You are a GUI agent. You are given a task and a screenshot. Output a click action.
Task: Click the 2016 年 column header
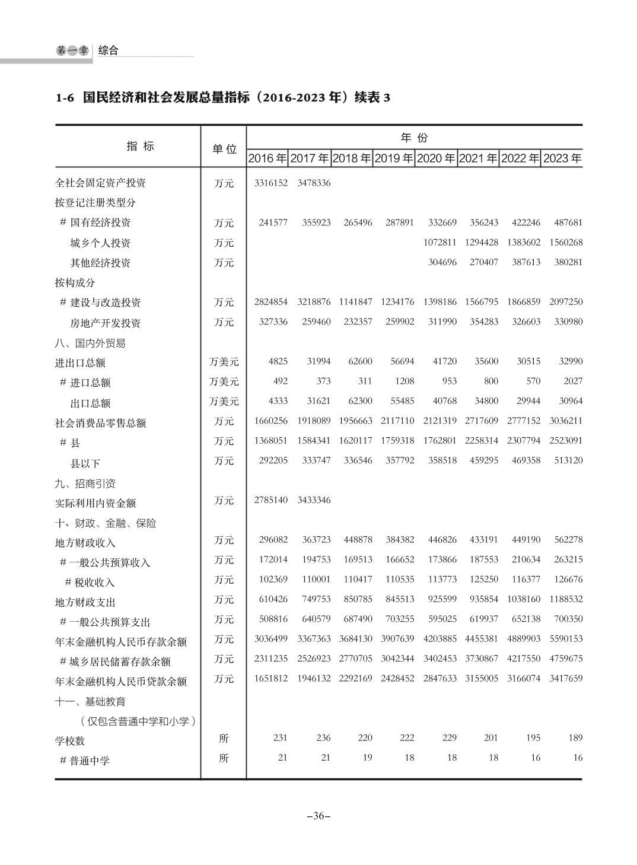point(267,158)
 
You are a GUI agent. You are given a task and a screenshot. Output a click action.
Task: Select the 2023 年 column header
point(562,158)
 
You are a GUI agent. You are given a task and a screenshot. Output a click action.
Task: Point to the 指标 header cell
point(141,147)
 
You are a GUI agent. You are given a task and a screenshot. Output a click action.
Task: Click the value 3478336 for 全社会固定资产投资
point(314,183)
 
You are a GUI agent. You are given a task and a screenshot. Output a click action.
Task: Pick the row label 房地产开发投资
point(106,323)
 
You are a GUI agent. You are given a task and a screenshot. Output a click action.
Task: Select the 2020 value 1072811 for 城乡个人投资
point(439,243)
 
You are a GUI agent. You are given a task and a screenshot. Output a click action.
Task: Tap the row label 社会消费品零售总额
point(100,423)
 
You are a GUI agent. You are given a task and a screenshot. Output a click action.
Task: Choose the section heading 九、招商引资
point(85,484)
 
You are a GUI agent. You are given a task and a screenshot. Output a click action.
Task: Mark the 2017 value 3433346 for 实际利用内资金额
point(314,500)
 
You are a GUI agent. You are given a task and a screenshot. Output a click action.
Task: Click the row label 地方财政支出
point(85,602)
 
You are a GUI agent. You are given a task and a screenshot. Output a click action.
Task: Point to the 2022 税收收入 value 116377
point(525,579)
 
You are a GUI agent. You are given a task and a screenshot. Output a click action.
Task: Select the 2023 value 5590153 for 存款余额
point(566,639)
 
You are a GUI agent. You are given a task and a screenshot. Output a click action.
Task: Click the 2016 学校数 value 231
point(280,738)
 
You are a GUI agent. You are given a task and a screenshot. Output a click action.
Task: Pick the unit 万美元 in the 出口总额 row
point(224,401)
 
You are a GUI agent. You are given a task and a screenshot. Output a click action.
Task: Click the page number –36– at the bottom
point(318,816)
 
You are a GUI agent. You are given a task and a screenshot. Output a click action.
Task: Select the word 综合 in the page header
point(109,51)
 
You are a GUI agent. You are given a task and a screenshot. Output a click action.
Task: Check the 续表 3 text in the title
point(372,98)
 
